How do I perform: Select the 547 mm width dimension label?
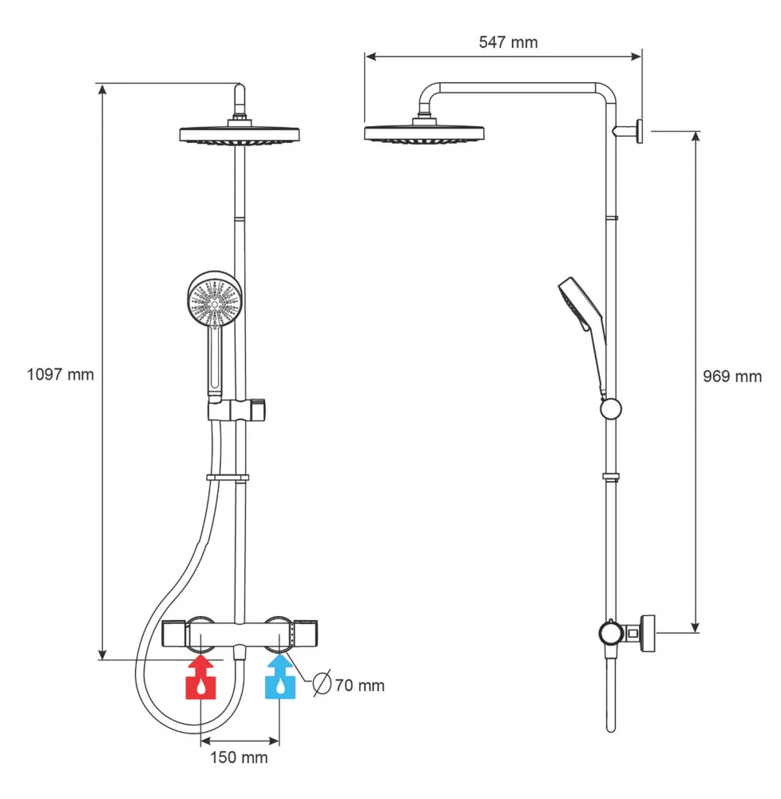pyautogui.click(x=508, y=42)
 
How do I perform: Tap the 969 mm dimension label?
pyautogui.click(x=731, y=376)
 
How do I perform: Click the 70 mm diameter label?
pyautogui.click(x=359, y=686)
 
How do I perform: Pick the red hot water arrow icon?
pyautogui.click(x=200, y=679)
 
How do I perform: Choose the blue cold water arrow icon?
pyautogui.click(x=279, y=679)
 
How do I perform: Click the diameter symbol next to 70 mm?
pyautogui.click(x=322, y=685)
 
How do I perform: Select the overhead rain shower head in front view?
pyautogui.click(x=239, y=134)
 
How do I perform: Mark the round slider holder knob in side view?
pyautogui.click(x=610, y=408)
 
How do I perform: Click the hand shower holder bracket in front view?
pyautogui.click(x=238, y=411)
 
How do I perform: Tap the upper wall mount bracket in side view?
pyautogui.click(x=638, y=129)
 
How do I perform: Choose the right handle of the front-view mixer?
pyautogui.click(x=307, y=634)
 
